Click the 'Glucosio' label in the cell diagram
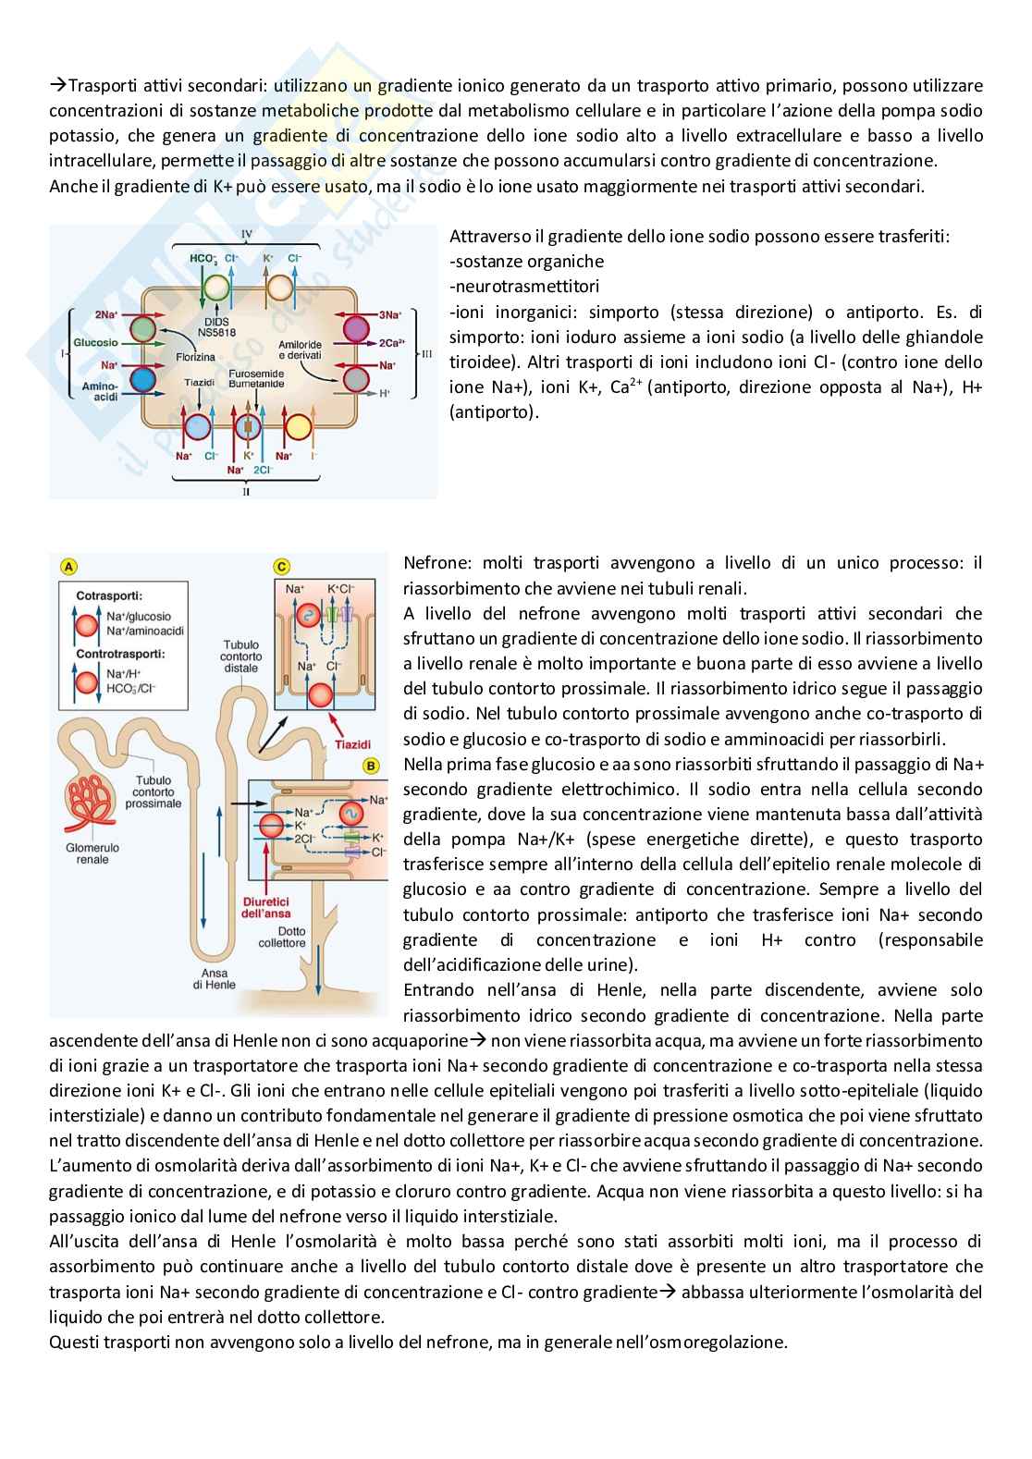(x=96, y=342)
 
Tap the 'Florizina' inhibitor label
(x=195, y=357)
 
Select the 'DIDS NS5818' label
(x=216, y=327)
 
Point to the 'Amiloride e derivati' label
(x=300, y=349)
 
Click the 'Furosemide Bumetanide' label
(x=256, y=378)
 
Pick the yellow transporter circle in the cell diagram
(x=298, y=427)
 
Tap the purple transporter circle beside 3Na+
(x=356, y=327)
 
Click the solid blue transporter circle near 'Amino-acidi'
(x=142, y=379)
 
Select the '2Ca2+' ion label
(x=391, y=342)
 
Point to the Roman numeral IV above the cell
(x=247, y=234)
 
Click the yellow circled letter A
(x=68, y=567)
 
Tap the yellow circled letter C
(x=282, y=567)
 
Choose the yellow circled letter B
(x=372, y=766)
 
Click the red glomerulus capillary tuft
(x=93, y=802)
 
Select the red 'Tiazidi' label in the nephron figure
(x=352, y=744)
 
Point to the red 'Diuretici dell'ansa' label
(x=265, y=907)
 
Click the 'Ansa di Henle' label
(x=214, y=978)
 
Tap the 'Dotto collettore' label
(x=282, y=938)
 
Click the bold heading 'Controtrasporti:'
(x=120, y=654)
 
